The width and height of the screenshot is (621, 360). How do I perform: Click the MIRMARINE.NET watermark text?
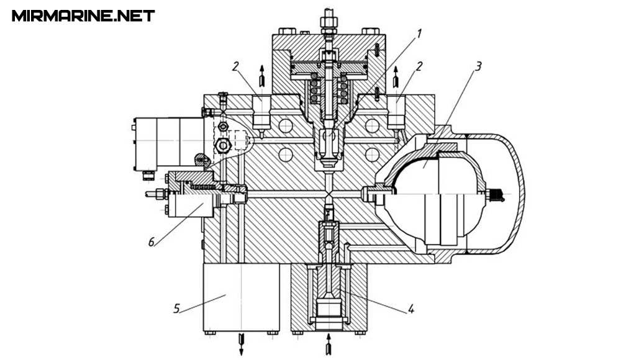pos(83,16)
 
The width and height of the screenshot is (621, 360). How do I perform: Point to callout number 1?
pos(419,34)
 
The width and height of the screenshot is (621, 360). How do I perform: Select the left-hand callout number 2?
pos(235,66)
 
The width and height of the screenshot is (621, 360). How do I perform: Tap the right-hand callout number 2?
pos(419,66)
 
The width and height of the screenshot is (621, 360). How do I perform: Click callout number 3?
pos(478,66)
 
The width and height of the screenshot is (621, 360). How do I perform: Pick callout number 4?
pos(411,308)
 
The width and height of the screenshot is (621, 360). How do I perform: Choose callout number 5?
pos(176,308)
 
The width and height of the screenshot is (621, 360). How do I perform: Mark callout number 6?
pos(152,241)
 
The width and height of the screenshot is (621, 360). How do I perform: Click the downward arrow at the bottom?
pos(241,344)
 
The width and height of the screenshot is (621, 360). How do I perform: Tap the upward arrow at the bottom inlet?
pos(328,344)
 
